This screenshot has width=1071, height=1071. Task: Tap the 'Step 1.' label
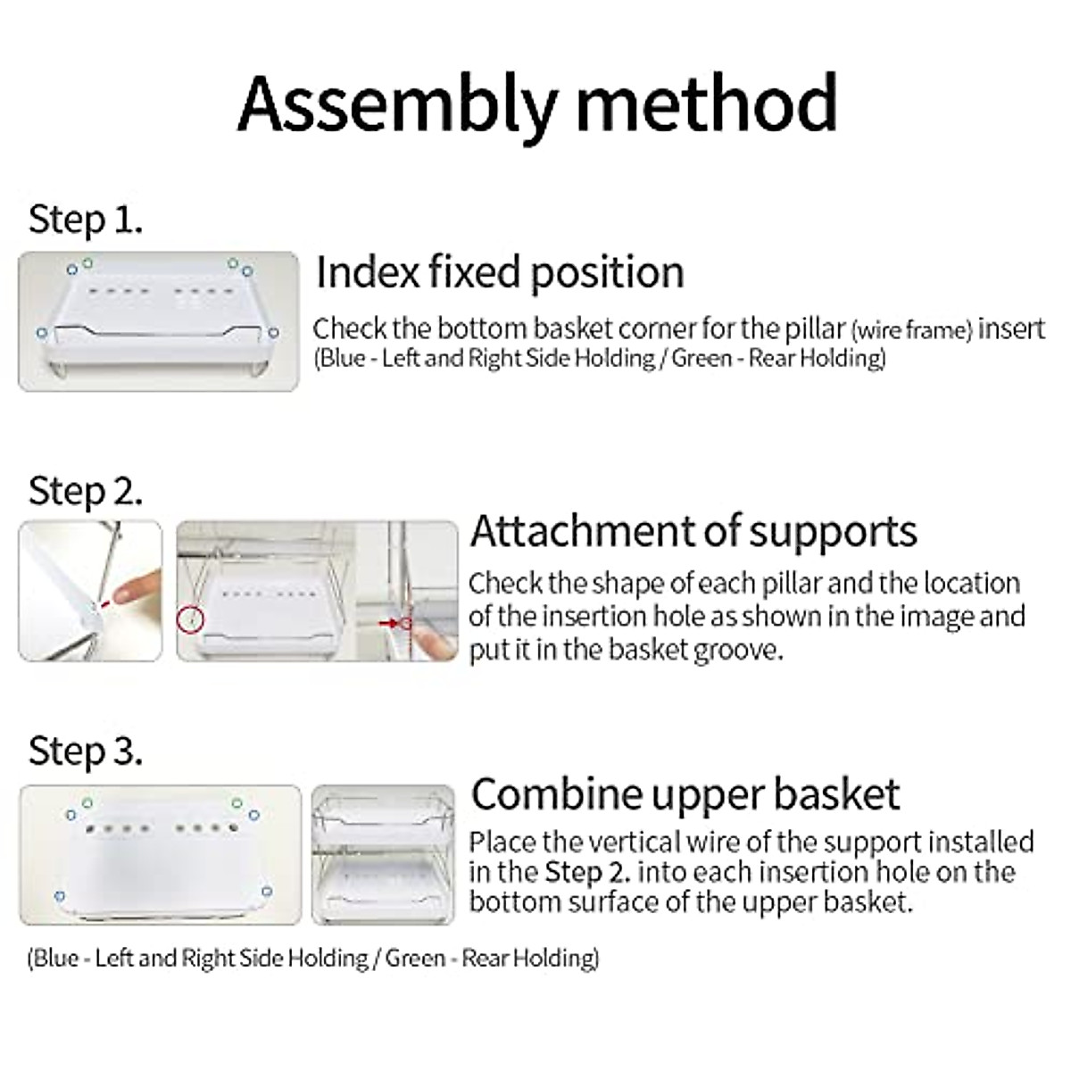click(86, 220)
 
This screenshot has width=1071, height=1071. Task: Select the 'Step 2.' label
click(86, 491)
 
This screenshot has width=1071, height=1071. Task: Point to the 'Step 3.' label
click(86, 751)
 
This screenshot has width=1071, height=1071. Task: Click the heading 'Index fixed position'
click(500, 272)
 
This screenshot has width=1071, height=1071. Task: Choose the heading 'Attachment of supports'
click(693, 532)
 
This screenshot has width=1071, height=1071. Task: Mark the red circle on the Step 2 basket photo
click(191, 618)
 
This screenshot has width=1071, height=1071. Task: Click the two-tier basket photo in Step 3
click(383, 854)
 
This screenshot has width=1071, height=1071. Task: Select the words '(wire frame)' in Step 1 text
click(911, 331)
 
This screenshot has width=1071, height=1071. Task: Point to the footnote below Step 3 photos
click(312, 959)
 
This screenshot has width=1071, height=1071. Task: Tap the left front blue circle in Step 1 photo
click(42, 333)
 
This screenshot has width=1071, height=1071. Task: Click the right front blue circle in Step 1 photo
click(273, 333)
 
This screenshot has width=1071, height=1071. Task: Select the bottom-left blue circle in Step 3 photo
click(59, 895)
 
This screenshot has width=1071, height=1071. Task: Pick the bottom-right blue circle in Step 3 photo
click(266, 891)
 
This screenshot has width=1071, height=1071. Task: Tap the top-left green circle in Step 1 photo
click(87, 262)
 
